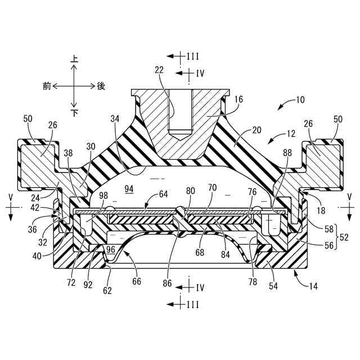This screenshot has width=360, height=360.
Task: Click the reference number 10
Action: click(299, 100)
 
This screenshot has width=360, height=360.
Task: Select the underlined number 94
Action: click(129, 190)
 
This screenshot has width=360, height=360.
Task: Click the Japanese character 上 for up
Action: click(74, 58)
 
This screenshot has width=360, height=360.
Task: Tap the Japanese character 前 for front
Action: click(47, 85)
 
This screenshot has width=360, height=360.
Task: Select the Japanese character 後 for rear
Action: click(101, 85)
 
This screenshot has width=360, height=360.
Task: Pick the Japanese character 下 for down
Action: click(74, 112)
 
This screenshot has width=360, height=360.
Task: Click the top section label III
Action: click(193, 56)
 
